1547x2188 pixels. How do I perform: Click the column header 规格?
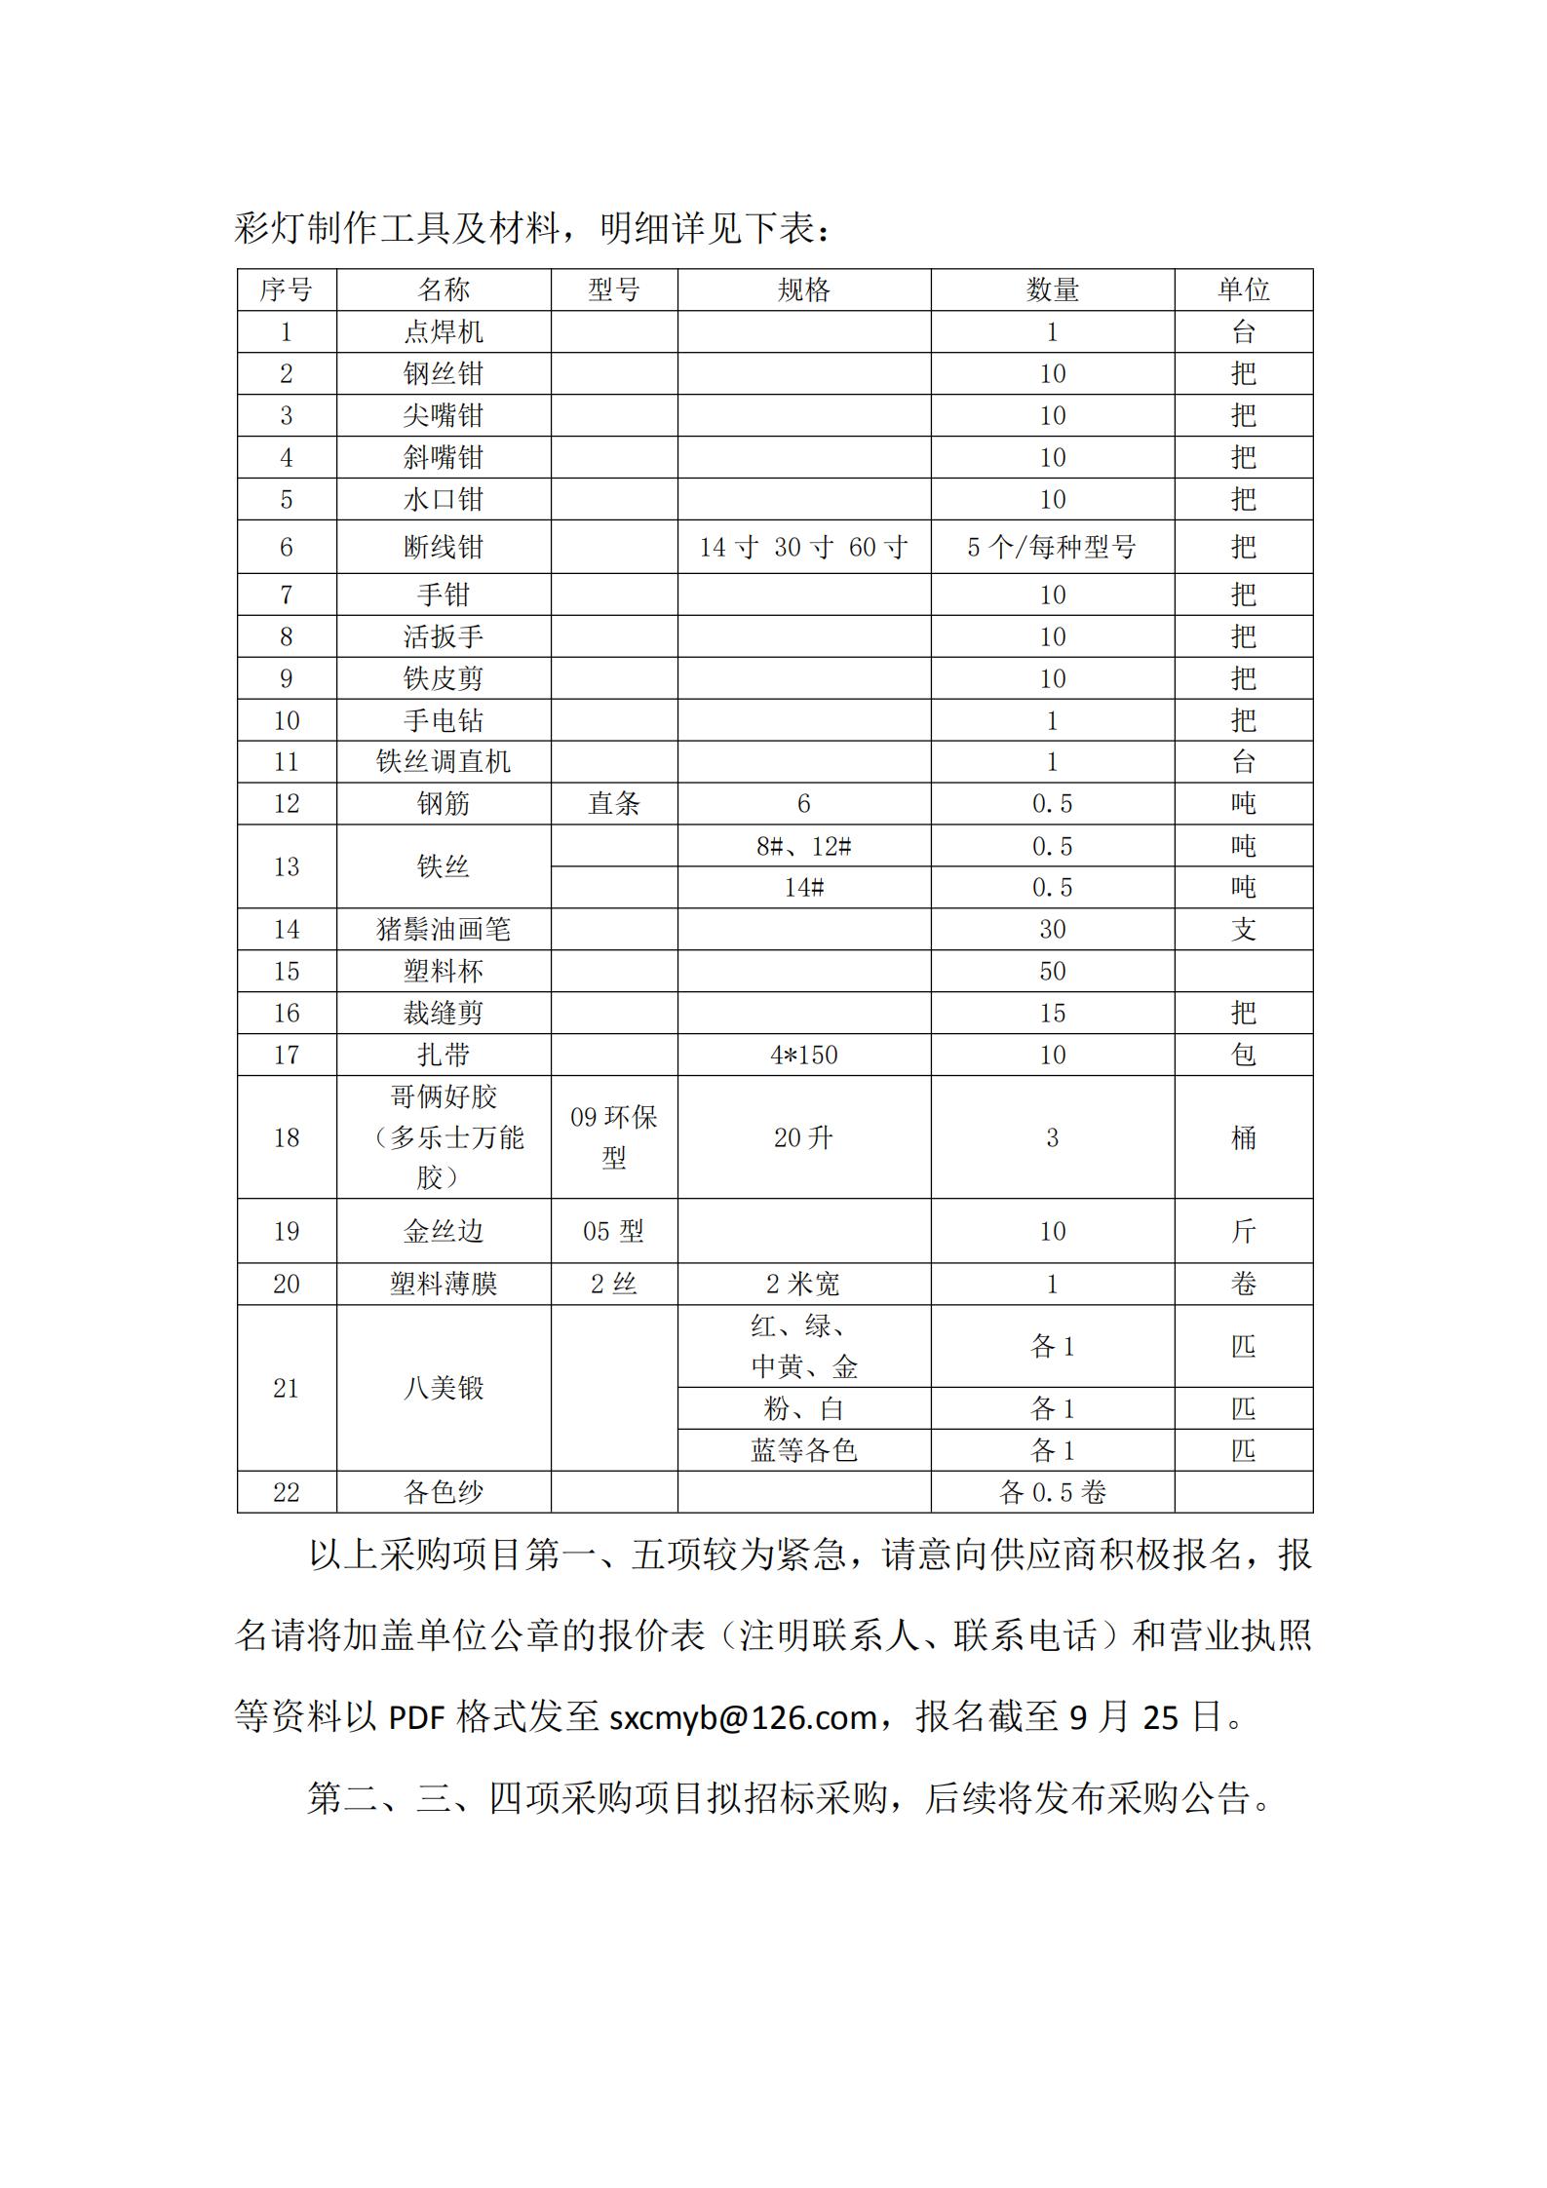(803, 289)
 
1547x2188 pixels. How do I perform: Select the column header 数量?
(1052, 289)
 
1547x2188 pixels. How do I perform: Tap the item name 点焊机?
(444, 332)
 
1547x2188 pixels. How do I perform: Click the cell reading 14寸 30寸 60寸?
(803, 547)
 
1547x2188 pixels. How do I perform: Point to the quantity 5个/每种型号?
(1052, 547)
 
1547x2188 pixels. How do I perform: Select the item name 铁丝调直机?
(444, 761)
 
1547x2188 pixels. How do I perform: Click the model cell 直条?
(614, 803)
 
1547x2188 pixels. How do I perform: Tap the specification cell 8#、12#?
(803, 846)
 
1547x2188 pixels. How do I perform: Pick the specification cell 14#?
(803, 888)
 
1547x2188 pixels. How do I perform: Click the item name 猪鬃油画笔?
(444, 930)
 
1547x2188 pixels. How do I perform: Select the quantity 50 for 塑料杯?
(1052, 972)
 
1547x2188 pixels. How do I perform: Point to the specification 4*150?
(803, 1055)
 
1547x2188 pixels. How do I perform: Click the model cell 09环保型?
(614, 1137)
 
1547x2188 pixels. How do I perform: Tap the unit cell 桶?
(1243, 1137)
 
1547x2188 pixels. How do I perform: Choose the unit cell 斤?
(1243, 1231)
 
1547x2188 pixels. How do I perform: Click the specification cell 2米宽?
(803, 1285)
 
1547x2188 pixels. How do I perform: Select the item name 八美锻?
(444, 1388)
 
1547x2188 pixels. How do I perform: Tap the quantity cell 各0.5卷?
(1052, 1492)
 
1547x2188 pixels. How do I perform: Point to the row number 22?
(287, 1492)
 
